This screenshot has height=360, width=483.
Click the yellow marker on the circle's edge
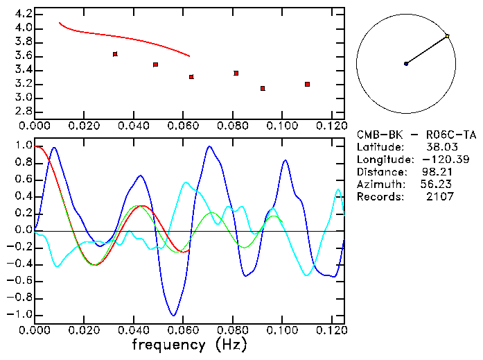(x=448, y=36)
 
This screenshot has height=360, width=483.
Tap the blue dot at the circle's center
(x=406, y=64)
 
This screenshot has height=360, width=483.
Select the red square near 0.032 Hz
(x=115, y=54)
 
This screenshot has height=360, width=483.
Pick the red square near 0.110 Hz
(x=307, y=84)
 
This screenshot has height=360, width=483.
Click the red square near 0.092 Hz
(x=263, y=88)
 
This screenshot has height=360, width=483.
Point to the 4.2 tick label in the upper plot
(x=23, y=14)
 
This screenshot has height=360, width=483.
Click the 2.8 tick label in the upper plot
(x=23, y=112)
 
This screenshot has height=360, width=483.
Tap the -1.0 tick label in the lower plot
(x=20, y=314)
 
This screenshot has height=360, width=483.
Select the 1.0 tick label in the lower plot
(x=23, y=146)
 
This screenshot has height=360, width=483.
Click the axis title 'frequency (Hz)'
(x=189, y=345)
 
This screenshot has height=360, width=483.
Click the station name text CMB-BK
(x=377, y=135)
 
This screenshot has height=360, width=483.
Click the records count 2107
(x=440, y=197)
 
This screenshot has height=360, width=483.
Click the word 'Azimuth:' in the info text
(x=381, y=185)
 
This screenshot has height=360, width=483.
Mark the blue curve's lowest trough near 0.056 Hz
(x=174, y=315)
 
